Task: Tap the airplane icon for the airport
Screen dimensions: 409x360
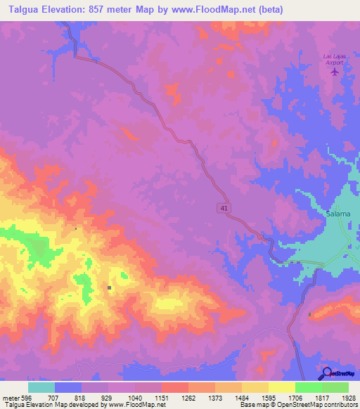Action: (334, 70)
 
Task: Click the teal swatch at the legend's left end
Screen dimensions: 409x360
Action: (41, 387)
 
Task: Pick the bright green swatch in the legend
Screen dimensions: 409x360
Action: (308, 387)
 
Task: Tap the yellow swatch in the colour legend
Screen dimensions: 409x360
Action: (281, 387)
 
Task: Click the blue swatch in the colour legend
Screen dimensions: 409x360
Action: (68, 387)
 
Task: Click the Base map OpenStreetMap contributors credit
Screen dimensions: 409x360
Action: (299, 405)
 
